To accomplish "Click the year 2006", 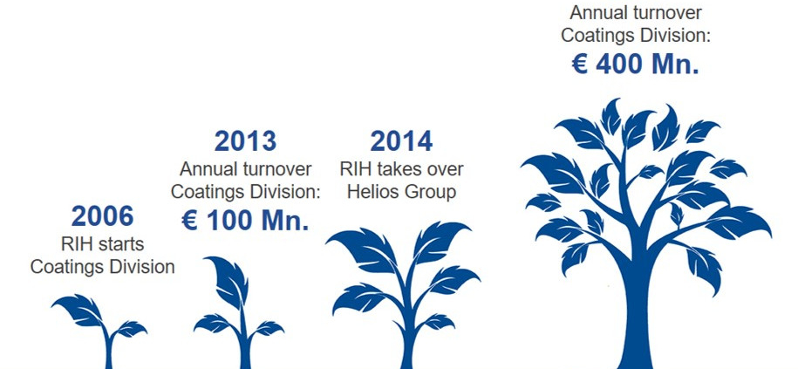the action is click(102, 216).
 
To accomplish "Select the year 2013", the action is click(245, 141).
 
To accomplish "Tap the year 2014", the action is click(401, 141).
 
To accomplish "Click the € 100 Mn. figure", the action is click(245, 221).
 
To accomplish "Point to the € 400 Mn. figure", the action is click(635, 65).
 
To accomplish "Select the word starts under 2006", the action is click(121, 244).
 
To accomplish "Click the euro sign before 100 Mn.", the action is click(189, 221).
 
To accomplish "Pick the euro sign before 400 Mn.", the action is click(580, 65).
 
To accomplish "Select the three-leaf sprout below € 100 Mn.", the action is click(239, 312).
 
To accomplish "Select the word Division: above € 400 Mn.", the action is click(671, 36).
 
